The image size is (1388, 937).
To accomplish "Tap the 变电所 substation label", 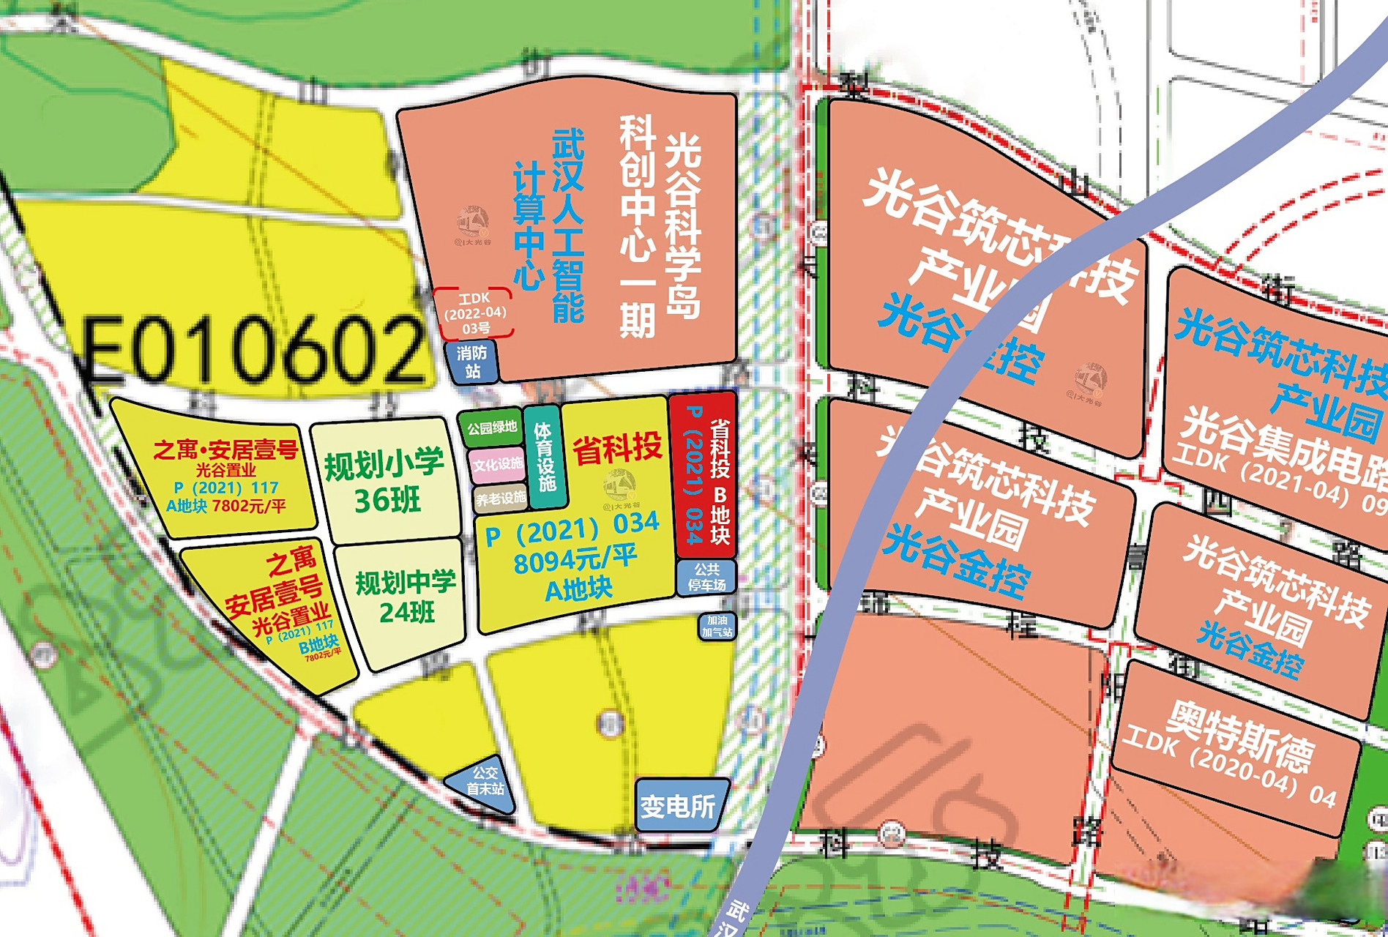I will pyautogui.click(x=678, y=806).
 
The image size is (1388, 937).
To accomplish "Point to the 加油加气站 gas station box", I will pyautogui.click(x=717, y=626).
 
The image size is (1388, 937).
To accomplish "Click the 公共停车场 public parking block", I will pyautogui.click(x=706, y=577).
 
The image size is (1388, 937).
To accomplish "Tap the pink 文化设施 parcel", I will pyautogui.click(x=497, y=464).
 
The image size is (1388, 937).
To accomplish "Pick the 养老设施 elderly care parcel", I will pyautogui.click(x=501, y=499).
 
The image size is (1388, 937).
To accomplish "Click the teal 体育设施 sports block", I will pyautogui.click(x=545, y=457).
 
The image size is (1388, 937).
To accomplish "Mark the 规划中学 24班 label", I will pyautogui.click(x=406, y=596).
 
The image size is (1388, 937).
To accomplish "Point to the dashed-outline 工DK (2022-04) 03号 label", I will pyautogui.click(x=474, y=313).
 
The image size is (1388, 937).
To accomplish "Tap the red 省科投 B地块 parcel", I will pyautogui.click(x=704, y=476).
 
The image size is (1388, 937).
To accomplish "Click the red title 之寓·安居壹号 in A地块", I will pyautogui.click(x=225, y=449).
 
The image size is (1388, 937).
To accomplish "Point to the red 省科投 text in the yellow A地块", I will pyautogui.click(x=616, y=448).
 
